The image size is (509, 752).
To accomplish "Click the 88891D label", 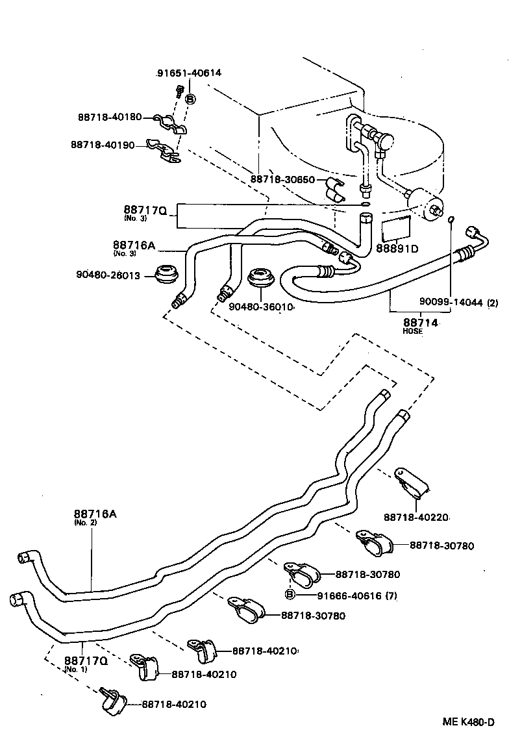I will point(397,248).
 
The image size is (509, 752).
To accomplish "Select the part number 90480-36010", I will point(262,306).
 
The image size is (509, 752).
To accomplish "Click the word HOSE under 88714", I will point(412,332).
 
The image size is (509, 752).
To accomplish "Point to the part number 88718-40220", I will point(416,518).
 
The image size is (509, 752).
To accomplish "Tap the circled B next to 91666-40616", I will point(290,595).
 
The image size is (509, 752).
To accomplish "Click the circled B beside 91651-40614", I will point(190,99).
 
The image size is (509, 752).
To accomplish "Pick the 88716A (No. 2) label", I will point(95,516).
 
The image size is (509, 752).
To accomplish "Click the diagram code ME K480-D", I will point(469,722).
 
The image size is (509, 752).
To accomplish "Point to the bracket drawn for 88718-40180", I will point(171,123).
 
